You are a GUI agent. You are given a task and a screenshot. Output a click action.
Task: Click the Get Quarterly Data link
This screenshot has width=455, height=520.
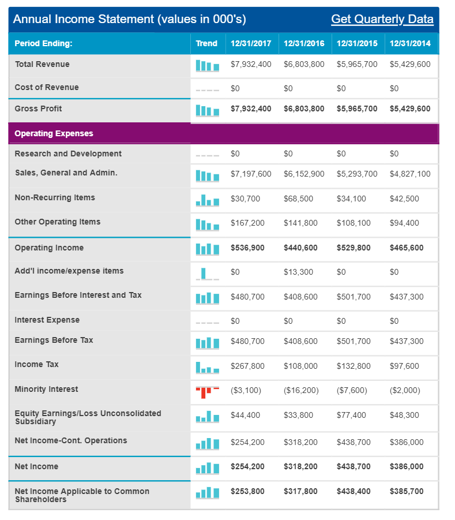click(382, 19)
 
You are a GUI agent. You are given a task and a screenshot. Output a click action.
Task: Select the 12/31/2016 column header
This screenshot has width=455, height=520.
click(304, 43)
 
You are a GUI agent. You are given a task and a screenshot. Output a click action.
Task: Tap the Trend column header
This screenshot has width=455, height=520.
click(206, 43)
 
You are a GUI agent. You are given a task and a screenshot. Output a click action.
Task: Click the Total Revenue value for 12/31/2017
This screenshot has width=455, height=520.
click(251, 64)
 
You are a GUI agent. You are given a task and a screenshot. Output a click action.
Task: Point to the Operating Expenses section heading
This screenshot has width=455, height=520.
click(54, 133)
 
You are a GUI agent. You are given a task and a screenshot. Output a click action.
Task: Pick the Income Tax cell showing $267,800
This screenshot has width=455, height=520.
click(247, 366)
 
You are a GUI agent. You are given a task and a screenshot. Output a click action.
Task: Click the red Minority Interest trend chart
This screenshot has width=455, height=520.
click(208, 392)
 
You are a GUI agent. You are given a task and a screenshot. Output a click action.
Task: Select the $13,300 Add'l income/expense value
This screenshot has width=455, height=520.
click(298, 272)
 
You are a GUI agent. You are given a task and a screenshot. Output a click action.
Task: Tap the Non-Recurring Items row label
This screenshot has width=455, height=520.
click(55, 197)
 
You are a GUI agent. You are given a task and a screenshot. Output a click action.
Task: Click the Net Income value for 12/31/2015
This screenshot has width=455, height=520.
click(354, 466)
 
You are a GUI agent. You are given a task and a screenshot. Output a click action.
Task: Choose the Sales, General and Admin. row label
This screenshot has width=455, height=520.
click(66, 173)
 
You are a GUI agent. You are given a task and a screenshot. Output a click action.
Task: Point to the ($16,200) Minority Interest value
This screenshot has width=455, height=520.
click(301, 390)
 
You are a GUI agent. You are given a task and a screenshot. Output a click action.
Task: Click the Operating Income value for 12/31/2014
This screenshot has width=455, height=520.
click(407, 248)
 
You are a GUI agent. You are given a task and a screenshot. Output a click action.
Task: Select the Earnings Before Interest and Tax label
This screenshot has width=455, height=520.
click(78, 295)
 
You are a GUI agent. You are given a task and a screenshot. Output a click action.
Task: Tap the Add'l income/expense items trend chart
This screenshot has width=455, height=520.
click(208, 274)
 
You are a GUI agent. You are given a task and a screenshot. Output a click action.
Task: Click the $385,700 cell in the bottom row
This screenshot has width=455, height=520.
click(407, 491)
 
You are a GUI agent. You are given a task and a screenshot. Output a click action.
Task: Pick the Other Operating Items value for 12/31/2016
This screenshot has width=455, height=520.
click(300, 223)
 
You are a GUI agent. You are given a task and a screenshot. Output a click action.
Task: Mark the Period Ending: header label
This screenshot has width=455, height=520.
click(43, 43)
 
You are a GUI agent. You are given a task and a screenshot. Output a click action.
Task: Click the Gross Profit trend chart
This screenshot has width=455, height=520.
click(208, 110)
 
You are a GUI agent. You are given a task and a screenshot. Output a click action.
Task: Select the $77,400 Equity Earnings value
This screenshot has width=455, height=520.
click(351, 415)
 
